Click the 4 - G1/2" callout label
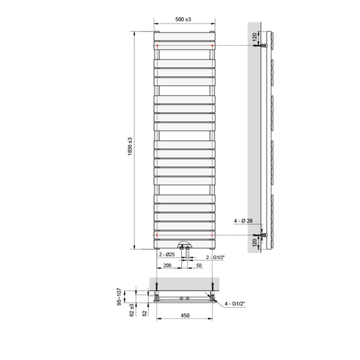(240, 304)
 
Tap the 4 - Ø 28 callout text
(243, 222)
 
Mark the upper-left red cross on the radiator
(158, 46)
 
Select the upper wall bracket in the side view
(262, 46)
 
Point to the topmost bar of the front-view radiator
(183, 33)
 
